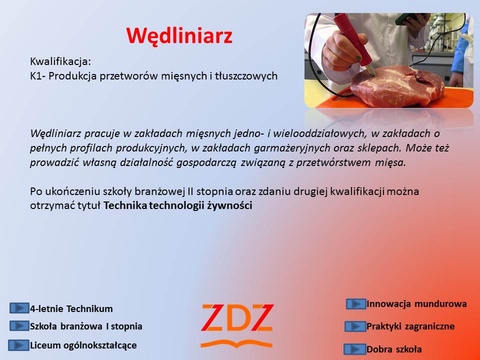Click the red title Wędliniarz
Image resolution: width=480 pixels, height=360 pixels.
(179, 36)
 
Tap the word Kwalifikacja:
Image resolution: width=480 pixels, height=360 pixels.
(60, 61)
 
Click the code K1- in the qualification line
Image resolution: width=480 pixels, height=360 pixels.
(38, 76)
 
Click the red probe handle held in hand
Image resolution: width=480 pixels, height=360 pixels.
(352, 40)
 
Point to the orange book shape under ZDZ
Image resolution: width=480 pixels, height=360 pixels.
(236, 344)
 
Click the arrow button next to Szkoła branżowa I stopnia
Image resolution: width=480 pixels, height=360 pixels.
(19, 326)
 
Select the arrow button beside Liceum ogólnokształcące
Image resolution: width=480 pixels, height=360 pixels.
(18, 345)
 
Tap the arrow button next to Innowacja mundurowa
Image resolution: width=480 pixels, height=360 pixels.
(356, 304)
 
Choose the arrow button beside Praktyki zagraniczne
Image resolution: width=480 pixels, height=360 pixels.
(355, 326)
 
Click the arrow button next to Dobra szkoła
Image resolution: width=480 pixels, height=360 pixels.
(355, 349)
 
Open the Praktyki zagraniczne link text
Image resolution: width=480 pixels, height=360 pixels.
(410, 326)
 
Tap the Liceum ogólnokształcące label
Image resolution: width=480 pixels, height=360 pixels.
(83, 345)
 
